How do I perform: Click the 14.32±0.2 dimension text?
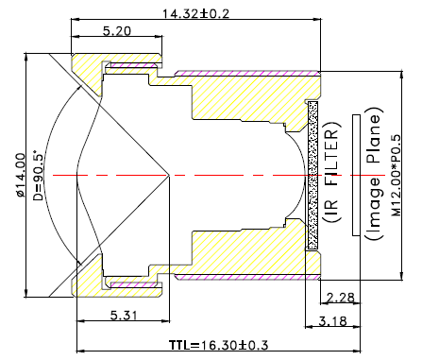195,13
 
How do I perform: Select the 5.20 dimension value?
117,31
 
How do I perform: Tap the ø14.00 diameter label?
20,176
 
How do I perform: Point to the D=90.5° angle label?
38,175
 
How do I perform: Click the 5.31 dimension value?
124,316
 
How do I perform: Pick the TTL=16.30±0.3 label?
219,345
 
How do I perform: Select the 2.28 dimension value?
341,298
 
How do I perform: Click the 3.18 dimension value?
332,321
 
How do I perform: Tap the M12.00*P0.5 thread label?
397,176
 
